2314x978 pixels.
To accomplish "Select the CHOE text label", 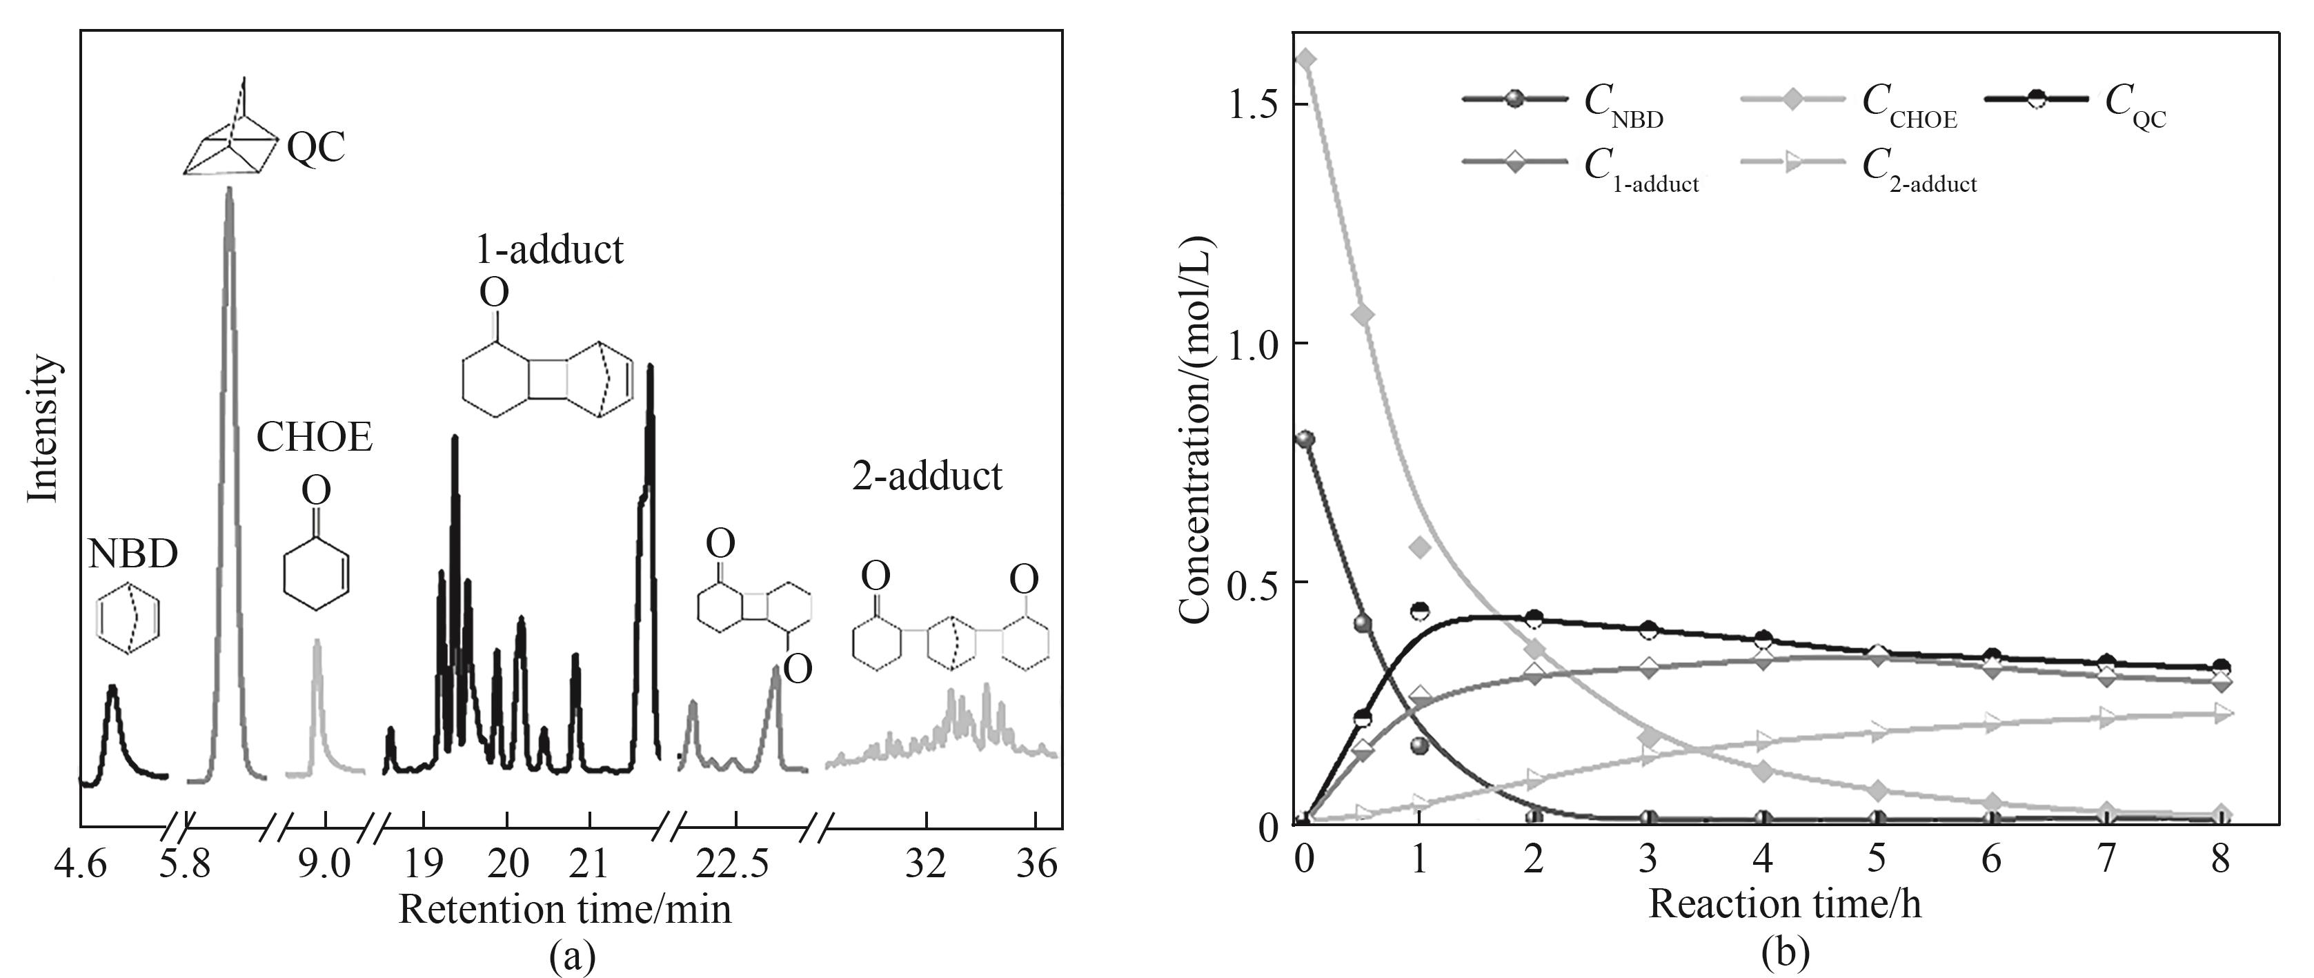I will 315,438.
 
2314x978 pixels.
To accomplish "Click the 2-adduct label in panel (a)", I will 927,476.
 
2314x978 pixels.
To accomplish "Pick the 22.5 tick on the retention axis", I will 735,865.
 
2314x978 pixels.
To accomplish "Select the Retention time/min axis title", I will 565,910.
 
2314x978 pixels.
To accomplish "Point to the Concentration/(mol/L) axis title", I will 1196,430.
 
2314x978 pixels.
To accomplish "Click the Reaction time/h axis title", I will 1785,903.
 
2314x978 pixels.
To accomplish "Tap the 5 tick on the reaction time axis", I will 1877,860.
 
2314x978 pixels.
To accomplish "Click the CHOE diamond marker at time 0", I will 1307,59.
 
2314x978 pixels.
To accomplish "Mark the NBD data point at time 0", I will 1305,440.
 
